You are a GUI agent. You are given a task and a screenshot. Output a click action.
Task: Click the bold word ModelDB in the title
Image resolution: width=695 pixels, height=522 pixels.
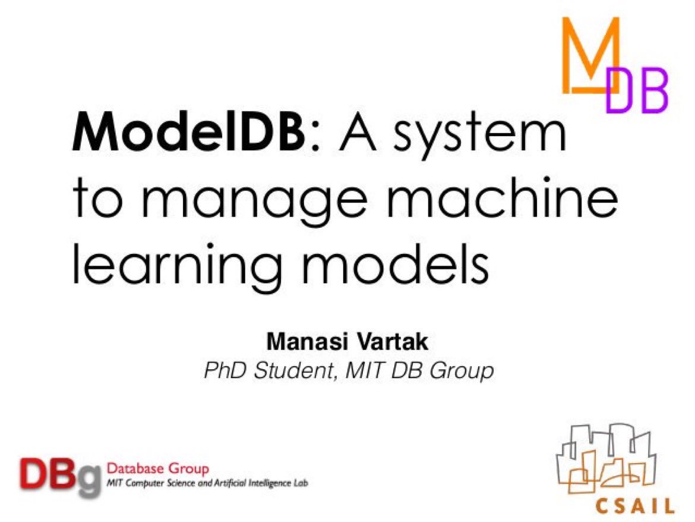[185, 135]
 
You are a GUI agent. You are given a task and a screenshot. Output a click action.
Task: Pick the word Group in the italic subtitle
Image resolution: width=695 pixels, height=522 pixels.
[462, 372]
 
